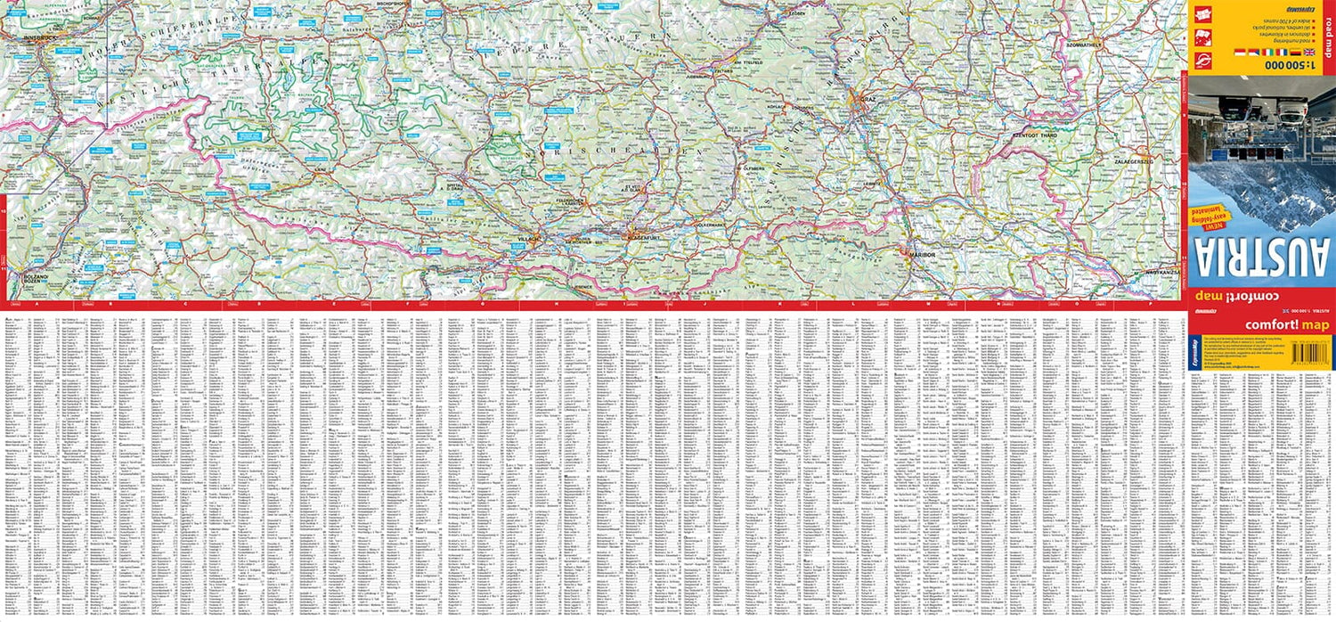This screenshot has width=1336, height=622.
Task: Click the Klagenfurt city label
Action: pos(637,238)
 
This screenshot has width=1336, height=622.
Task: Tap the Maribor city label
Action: pos(922,255)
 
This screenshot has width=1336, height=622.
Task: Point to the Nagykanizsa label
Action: pos(1163,268)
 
